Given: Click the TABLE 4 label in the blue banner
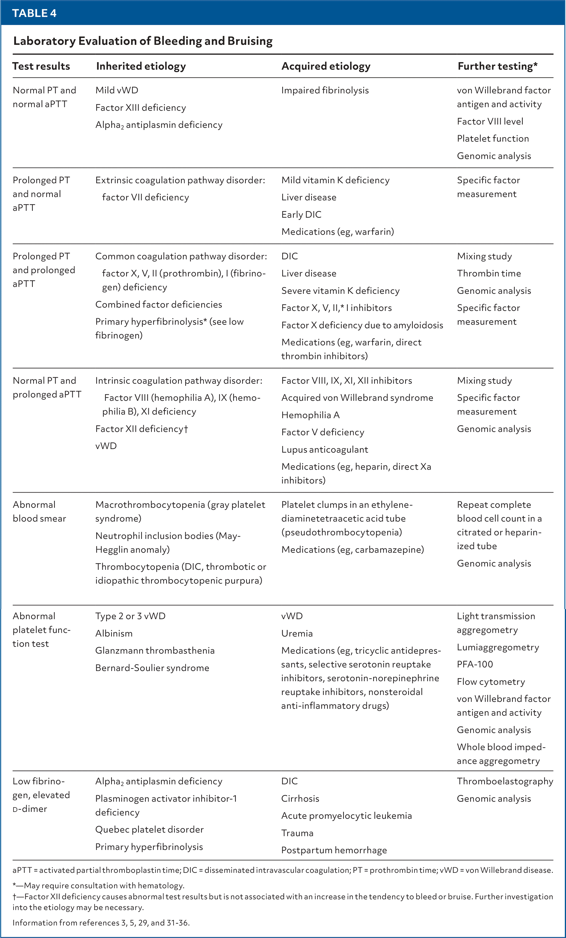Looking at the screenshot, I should tap(34, 13).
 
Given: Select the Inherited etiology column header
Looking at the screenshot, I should tap(141, 66).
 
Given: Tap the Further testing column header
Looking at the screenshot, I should tap(497, 66).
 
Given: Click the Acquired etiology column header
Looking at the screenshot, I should tap(326, 66).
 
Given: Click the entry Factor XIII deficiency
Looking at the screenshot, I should tap(140, 108).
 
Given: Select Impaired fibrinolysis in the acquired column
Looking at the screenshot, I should tap(325, 90).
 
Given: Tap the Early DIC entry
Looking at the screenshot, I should tap(301, 215).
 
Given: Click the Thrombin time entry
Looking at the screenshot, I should tap(489, 273).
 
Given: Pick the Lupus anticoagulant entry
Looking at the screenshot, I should tap(324, 450).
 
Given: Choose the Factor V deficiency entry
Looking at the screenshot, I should tap(323, 432).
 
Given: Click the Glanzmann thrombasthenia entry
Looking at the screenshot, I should tap(155, 651).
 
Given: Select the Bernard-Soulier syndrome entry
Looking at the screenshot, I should tap(152, 668).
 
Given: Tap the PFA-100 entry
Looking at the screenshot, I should tap(475, 664).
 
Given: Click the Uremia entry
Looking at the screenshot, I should tap(297, 633).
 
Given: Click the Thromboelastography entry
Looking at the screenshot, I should tap(505, 781).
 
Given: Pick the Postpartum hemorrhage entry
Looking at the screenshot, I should tap(334, 850).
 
